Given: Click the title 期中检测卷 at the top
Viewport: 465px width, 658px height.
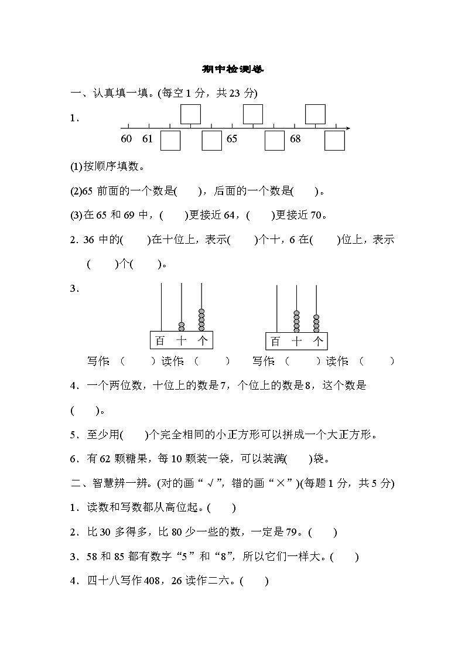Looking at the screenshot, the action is pyautogui.click(x=233, y=69).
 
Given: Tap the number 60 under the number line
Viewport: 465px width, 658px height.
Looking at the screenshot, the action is pyautogui.click(x=126, y=139).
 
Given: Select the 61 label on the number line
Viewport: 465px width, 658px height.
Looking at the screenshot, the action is pyautogui.click(x=147, y=139).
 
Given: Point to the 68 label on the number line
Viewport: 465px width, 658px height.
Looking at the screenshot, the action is pyautogui.click(x=295, y=139).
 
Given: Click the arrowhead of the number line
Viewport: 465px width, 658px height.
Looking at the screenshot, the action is pyautogui.click(x=348, y=127).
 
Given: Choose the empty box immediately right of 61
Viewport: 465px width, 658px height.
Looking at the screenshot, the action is pyautogui.click(x=170, y=141).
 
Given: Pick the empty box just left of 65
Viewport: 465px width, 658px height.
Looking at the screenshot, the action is pyautogui.click(x=211, y=141).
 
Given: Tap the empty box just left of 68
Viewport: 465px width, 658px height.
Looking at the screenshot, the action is pyautogui.click(x=274, y=141).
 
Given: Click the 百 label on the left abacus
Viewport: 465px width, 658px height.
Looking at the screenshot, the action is pyautogui.click(x=160, y=341).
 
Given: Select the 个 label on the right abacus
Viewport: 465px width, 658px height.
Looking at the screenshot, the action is pyautogui.click(x=318, y=341).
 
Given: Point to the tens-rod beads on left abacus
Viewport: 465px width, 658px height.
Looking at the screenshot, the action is pyautogui.click(x=182, y=326).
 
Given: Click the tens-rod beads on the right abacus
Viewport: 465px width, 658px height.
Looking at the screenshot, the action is pyautogui.click(x=297, y=321).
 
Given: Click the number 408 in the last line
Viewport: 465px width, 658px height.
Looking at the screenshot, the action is pyautogui.click(x=152, y=581).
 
